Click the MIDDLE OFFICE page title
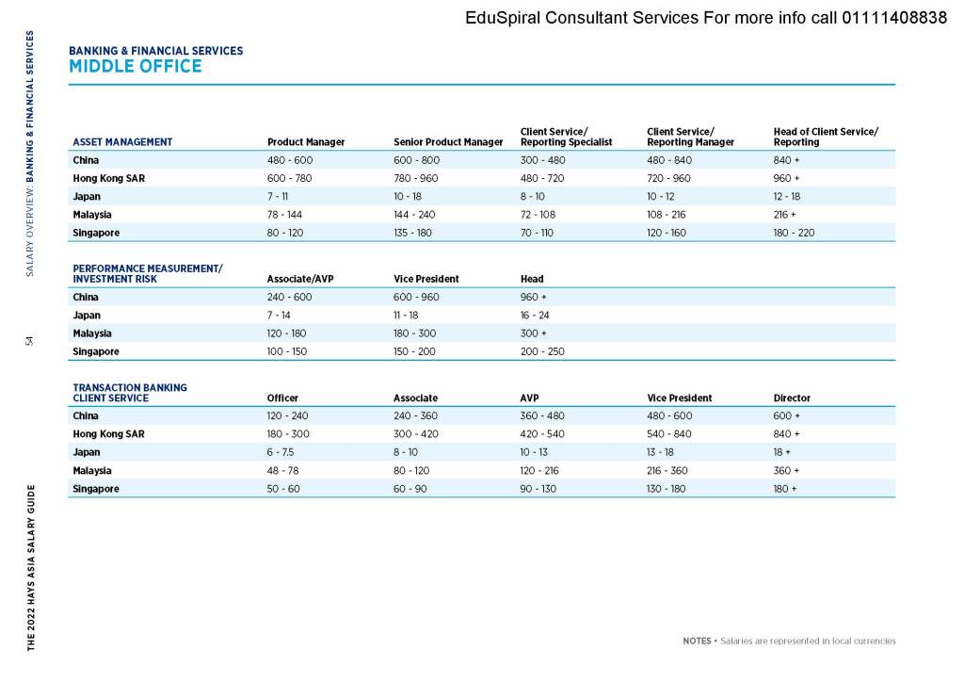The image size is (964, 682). pyautogui.click(x=135, y=66)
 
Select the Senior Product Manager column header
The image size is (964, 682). pyautogui.click(x=448, y=142)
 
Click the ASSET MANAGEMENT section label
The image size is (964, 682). pyautogui.click(x=122, y=142)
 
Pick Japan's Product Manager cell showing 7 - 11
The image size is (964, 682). pyautogui.click(x=278, y=196)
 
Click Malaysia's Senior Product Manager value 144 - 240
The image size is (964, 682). pyautogui.click(x=414, y=214)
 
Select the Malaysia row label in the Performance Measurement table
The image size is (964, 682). pyautogui.click(x=92, y=333)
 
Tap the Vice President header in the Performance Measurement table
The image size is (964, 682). pyautogui.click(x=426, y=279)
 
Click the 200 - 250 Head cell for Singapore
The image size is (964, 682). pyautogui.click(x=541, y=351)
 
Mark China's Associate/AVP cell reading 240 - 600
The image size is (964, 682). pyautogui.click(x=289, y=298)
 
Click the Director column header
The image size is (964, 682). pyautogui.click(x=792, y=398)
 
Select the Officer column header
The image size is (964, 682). pyautogui.click(x=282, y=398)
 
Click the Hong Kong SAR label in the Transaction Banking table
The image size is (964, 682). pyautogui.click(x=108, y=434)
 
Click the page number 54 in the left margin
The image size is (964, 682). pyautogui.click(x=30, y=340)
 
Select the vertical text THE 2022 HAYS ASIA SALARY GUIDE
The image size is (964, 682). pyautogui.click(x=30, y=568)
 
